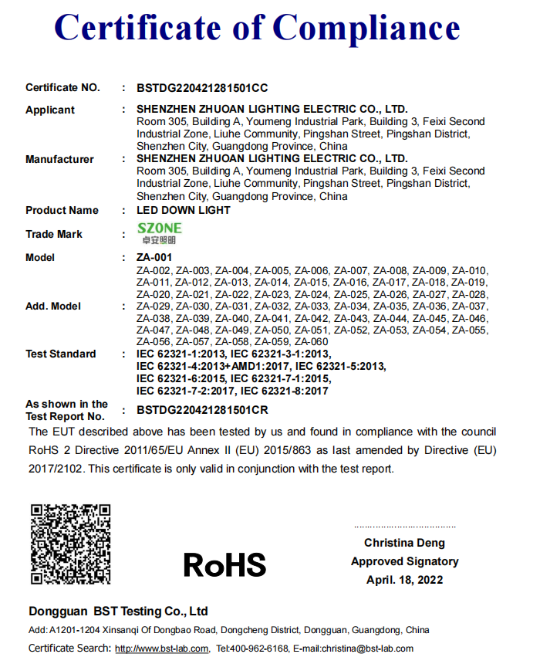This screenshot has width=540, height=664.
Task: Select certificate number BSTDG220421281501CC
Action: click(x=202, y=88)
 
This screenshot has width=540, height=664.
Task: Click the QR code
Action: click(x=70, y=543)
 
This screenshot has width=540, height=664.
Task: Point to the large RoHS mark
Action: click(x=224, y=564)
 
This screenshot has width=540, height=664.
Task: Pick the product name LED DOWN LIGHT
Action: click(x=184, y=210)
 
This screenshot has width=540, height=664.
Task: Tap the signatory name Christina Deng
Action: click(x=404, y=543)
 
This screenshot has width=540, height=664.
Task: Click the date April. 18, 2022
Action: click(x=404, y=580)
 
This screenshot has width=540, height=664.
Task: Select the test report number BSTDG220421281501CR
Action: click(x=202, y=410)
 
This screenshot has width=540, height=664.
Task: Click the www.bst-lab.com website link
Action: click(x=162, y=649)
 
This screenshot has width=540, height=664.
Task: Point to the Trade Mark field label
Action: click(x=54, y=234)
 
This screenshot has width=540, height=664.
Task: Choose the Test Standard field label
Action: click(x=61, y=354)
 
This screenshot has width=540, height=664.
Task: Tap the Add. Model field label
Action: click(x=53, y=307)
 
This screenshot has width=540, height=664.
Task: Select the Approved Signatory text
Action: click(x=404, y=561)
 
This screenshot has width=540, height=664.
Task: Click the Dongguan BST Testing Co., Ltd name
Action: click(x=118, y=611)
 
